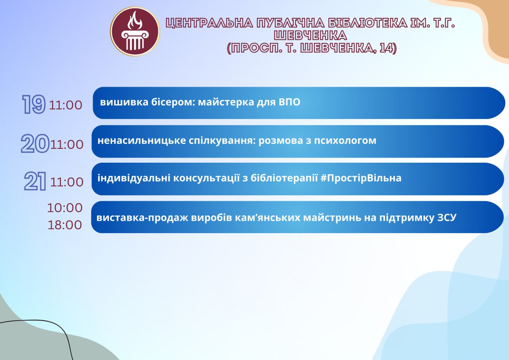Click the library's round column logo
tap(135, 31)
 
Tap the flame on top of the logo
tap(135, 20)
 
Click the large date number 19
tap(34, 104)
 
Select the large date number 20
tap(35, 144)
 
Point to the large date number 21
tap(35, 181)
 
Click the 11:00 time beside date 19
tap(66, 105)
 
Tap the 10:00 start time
tap(65, 208)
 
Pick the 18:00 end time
tap(65, 225)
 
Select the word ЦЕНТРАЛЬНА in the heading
tap(209, 23)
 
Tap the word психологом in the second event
tap(345, 141)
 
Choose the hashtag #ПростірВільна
tap(361, 178)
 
